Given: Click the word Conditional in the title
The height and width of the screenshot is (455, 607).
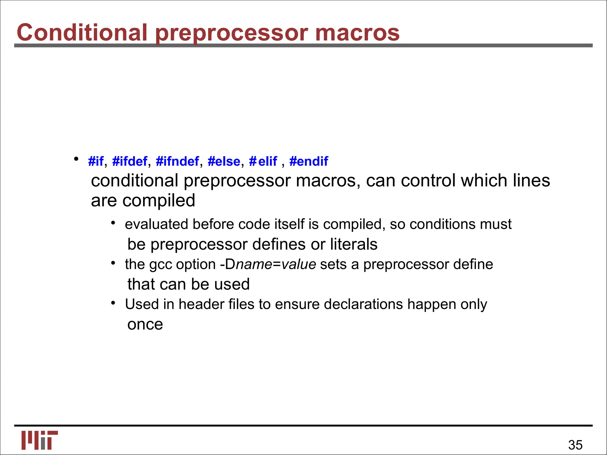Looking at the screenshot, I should (82, 32).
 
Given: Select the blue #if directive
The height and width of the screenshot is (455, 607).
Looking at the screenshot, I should (96, 161).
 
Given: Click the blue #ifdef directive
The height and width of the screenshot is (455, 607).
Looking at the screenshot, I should (130, 161).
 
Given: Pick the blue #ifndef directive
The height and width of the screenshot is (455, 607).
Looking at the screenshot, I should (177, 161).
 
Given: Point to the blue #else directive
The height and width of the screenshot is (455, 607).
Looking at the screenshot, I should (224, 161).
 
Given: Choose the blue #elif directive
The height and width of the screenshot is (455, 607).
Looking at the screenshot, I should (263, 161).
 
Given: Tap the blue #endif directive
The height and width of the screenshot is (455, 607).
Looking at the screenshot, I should (309, 161).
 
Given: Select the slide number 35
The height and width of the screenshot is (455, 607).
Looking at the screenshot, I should (575, 445).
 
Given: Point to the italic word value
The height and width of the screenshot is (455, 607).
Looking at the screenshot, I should (298, 264).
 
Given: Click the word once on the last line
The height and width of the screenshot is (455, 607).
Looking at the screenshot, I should (145, 325).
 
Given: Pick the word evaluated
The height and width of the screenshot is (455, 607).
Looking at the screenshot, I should (156, 224).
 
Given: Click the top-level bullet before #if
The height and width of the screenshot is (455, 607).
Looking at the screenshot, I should (76, 159).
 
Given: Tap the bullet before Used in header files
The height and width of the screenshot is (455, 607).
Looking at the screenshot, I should (113, 303).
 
